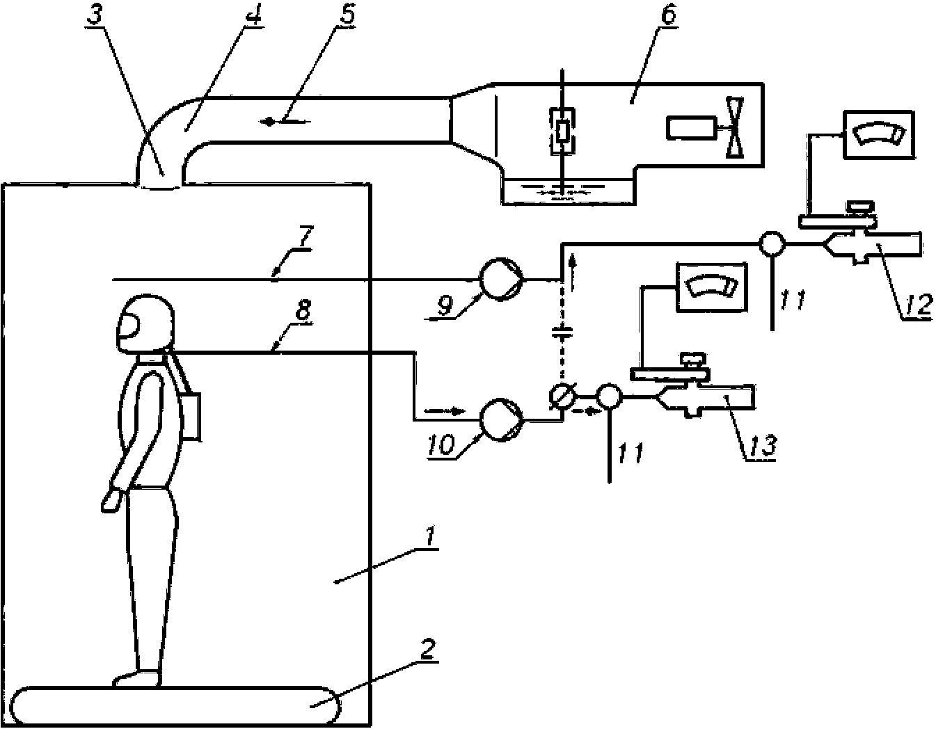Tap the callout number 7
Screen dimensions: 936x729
tap(305, 237)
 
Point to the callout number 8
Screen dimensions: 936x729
tap(303, 310)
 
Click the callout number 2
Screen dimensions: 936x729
tap(427, 650)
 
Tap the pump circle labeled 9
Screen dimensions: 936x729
tap(501, 280)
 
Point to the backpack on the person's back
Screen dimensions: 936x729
tap(191, 416)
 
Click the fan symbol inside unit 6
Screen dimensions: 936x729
tap(735, 127)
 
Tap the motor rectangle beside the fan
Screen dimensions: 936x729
tap(690, 127)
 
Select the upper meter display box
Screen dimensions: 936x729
tap(879, 135)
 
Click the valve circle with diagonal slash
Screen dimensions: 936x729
tap(561, 396)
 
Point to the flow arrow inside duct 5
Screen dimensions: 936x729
tap(285, 122)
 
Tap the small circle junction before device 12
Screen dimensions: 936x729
tap(772, 244)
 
